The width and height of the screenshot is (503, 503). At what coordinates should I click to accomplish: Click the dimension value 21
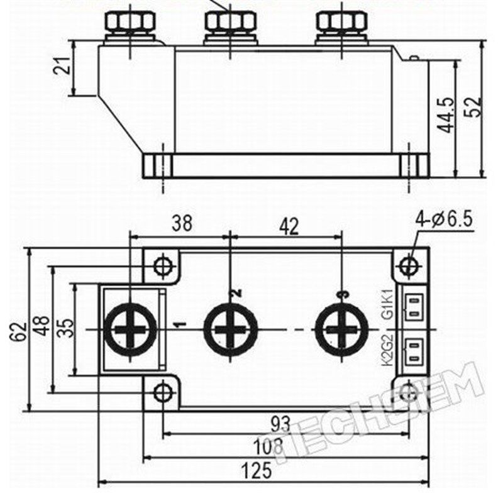62,66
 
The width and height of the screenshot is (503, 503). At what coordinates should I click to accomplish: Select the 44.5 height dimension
446,115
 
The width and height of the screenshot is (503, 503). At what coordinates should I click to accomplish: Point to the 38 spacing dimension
182,223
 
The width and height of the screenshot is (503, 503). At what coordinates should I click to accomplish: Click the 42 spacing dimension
289,226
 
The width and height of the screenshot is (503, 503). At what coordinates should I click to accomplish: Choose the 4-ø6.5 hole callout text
445,220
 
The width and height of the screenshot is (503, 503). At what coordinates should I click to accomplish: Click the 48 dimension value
42,326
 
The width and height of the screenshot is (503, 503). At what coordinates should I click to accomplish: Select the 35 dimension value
67,328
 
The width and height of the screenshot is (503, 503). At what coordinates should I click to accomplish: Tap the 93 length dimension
280,424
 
